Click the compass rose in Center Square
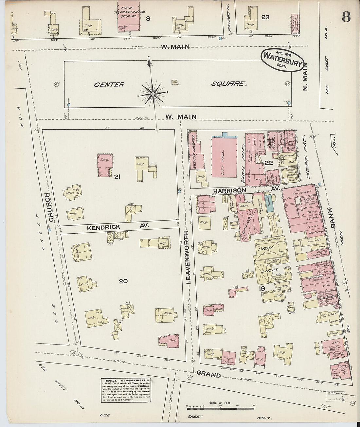tap(153, 94)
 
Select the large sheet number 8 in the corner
tap(346, 16)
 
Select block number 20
tap(123, 281)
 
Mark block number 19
tap(261, 288)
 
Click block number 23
tap(265, 17)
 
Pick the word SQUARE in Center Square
tap(228, 84)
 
